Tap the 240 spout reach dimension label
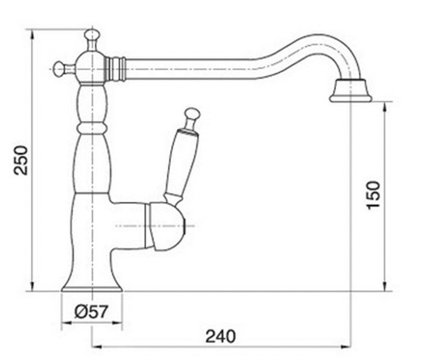pos(221,337)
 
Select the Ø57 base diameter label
pos(91,312)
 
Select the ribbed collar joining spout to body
pos(115,69)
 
